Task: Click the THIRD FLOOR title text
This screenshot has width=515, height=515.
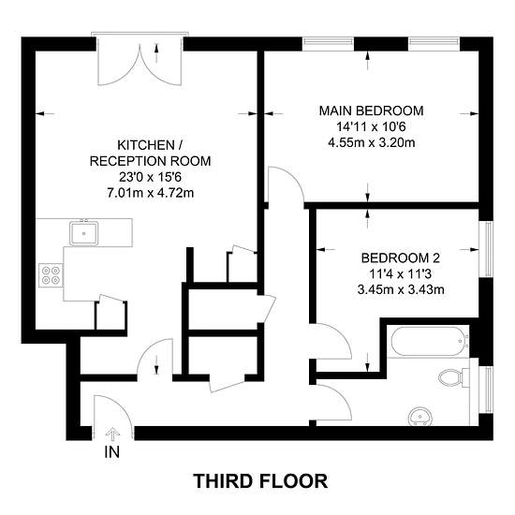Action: click(259, 481)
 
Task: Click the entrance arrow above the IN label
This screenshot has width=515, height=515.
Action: click(112, 434)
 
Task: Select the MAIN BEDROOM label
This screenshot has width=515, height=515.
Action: click(372, 110)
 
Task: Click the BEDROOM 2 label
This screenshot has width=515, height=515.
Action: click(401, 257)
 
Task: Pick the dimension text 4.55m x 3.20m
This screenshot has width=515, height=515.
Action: click(372, 142)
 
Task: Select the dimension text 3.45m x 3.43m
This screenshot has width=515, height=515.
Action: click(401, 288)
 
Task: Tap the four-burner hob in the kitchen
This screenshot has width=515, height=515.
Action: click(51, 275)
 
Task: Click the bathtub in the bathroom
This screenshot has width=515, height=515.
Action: click(427, 341)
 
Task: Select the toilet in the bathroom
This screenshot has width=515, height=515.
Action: click(453, 378)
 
